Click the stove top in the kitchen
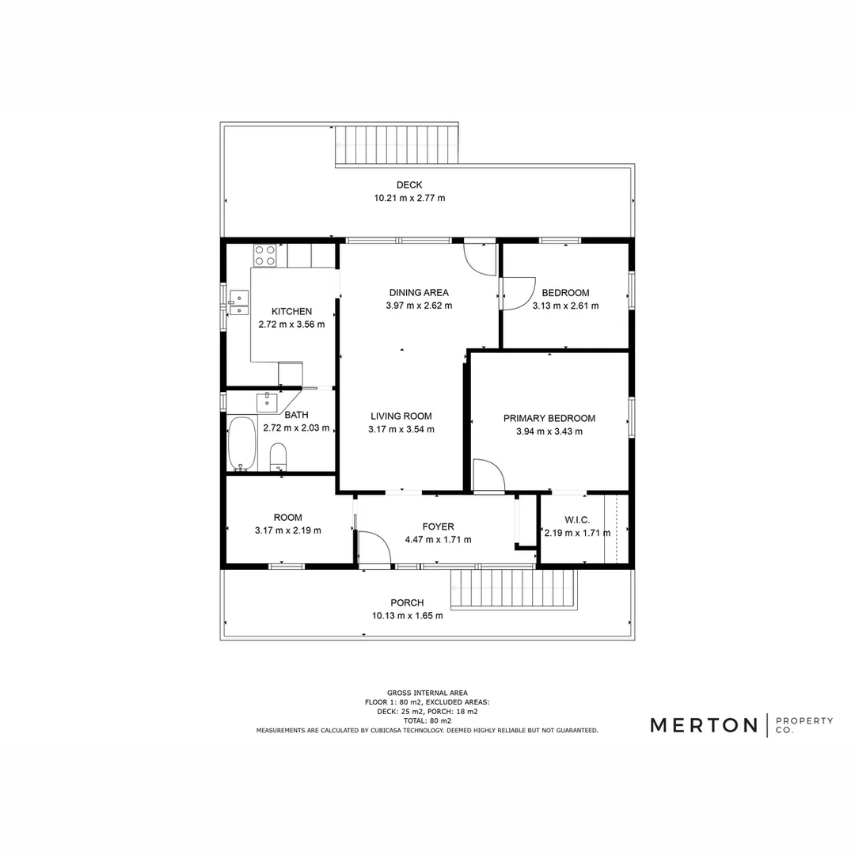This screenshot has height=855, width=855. (x=265, y=255)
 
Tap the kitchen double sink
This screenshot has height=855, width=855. (x=237, y=303)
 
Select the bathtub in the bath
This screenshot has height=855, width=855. (x=241, y=445)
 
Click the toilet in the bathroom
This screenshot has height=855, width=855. (x=278, y=457)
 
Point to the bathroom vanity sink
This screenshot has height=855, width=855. (x=268, y=401)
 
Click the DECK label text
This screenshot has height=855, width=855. (x=409, y=185)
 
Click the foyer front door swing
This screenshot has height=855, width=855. (x=374, y=549)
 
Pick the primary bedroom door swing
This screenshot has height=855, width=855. (x=488, y=477)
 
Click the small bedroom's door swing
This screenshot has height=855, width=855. (x=518, y=293)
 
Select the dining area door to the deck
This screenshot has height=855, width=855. (x=480, y=257)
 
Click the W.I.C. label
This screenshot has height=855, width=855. (x=578, y=520)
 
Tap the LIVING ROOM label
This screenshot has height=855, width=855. (x=401, y=416)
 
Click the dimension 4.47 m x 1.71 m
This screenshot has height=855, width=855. (x=438, y=540)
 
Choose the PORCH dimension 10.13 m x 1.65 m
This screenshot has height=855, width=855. (x=407, y=615)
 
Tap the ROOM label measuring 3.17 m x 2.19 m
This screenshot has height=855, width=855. (x=287, y=518)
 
